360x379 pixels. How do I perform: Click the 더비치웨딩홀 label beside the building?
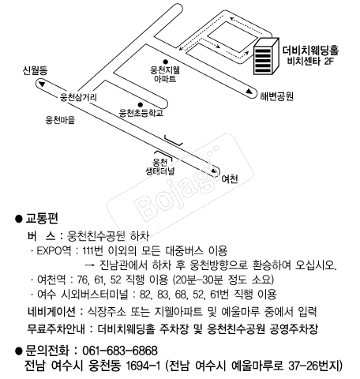click(x=310, y=51)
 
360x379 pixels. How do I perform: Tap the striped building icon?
click(x=266, y=56)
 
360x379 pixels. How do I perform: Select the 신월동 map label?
click(x=35, y=70)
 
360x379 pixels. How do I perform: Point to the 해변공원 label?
click(x=277, y=96)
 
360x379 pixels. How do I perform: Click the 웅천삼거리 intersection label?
click(x=78, y=97)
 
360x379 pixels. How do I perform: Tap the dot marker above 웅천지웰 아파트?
click(x=166, y=62)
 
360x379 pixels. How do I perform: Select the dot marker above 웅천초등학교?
click(x=141, y=105)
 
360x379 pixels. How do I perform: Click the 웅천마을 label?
click(x=60, y=120)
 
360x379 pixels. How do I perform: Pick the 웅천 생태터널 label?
click(x=160, y=167)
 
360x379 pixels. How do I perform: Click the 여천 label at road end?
click(x=230, y=179)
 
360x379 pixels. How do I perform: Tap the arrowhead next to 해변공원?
click(x=249, y=91)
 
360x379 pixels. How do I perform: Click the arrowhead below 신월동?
click(x=42, y=84)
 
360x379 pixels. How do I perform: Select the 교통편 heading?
click(x=42, y=219)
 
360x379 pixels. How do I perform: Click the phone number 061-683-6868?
click(x=120, y=351)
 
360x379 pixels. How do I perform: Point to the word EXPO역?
click(x=54, y=250)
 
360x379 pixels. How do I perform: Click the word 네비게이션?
click(x=51, y=312)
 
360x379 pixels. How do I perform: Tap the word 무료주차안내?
click(x=56, y=328)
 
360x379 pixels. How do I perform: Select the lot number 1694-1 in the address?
click(x=143, y=366)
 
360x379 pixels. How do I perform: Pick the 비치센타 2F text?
click(x=310, y=62)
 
